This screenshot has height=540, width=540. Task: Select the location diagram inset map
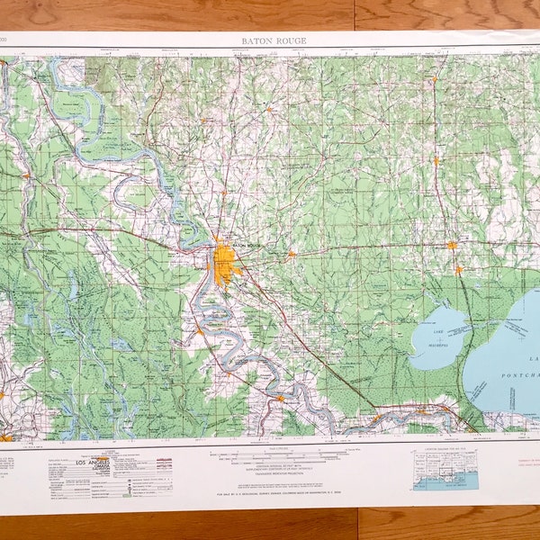(445, 469)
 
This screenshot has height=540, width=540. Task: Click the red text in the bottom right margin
(517, 463)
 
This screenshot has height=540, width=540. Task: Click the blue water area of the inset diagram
(445, 482)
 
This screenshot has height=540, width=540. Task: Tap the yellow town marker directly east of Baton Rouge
(291, 255)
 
